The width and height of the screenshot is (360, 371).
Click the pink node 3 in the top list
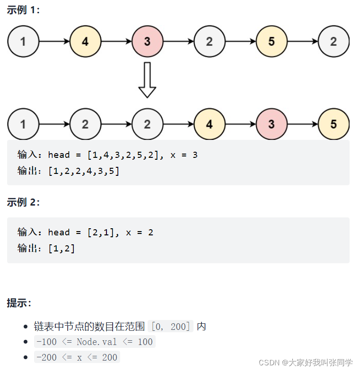tap(147, 42)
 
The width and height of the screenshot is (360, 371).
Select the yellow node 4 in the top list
tap(85, 42)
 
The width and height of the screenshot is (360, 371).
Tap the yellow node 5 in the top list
tap(272, 42)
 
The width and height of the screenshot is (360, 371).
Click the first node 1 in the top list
tap(23, 42)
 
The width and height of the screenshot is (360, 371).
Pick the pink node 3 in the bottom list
tap(272, 124)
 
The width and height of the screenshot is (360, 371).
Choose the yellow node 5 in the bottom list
tap(334, 124)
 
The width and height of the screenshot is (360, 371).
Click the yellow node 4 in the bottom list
tap(210, 124)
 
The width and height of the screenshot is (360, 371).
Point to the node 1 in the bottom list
tap(23, 124)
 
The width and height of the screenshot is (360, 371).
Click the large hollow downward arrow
tap(147, 80)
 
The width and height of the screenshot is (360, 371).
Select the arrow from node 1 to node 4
tap(54, 42)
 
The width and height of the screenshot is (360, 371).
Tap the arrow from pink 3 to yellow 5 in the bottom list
tap(302, 124)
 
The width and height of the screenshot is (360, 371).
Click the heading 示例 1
tap(23, 10)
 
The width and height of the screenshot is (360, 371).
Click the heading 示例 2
tap(23, 202)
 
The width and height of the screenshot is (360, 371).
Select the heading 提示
tap(19, 303)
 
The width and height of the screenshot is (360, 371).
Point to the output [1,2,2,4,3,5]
tap(84, 171)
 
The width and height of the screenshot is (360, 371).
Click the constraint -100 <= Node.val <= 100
tap(94, 342)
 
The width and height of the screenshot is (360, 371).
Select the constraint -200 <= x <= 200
tap(77, 357)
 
